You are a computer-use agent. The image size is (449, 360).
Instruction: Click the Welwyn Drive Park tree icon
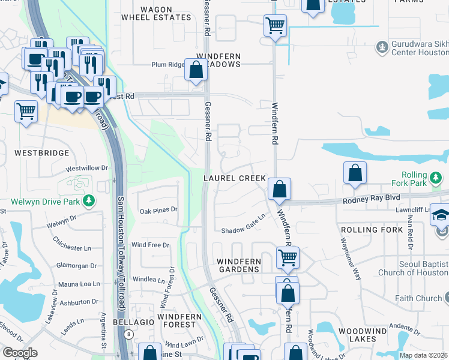pyautogui.click(x=89, y=200)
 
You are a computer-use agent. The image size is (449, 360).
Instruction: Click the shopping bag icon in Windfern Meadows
pyautogui.click(x=196, y=70)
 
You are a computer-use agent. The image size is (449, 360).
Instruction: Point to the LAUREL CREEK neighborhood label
pyautogui.click(x=234, y=179)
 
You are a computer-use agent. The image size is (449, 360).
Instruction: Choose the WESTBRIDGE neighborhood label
pyautogui.click(x=41, y=153)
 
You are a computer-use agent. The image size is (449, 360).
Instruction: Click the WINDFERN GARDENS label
pyautogui.click(x=238, y=265)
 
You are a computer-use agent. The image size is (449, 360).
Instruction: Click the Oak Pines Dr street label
pyautogui.click(x=158, y=210)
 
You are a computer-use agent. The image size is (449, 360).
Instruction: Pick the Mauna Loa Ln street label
pyautogui.click(x=78, y=284)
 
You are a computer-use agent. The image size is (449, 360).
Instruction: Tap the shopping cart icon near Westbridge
pyautogui.click(x=26, y=111)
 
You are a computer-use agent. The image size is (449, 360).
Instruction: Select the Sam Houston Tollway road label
pyautogui.click(x=121, y=252)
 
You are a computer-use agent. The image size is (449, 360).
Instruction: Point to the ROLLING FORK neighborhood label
pyautogui.click(x=367, y=230)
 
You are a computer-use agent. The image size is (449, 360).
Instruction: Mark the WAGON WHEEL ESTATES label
pyautogui.click(x=155, y=13)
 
